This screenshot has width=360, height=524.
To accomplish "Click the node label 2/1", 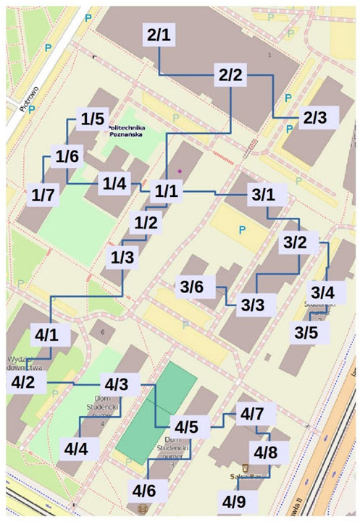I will point(159,35).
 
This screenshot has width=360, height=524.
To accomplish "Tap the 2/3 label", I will point(316,117).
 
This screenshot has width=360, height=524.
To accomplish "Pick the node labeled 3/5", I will point(306,333).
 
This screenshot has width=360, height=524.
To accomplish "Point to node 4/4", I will point(75,449).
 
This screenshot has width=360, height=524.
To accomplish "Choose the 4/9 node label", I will point(235,501).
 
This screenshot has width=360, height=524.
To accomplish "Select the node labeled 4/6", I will point(142,491).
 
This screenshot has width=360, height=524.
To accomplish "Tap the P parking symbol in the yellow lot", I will point(243,229).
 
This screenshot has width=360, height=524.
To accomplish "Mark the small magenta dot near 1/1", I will point(181,171).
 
